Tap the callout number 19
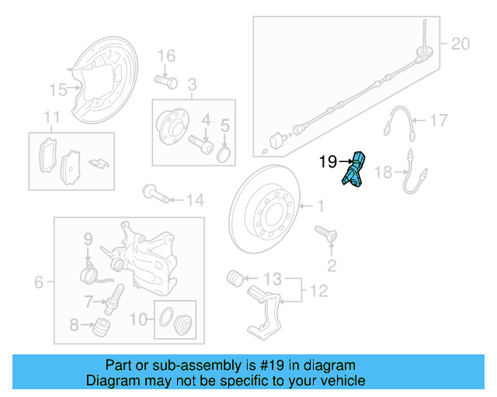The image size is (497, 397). pyautogui.click(x=328, y=162)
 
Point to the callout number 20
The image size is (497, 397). pyautogui.click(x=461, y=44)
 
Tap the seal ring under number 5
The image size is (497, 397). pyautogui.click(x=224, y=154)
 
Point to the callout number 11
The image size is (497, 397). pyautogui.click(x=52, y=118)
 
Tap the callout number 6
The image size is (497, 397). pyautogui.click(x=39, y=283)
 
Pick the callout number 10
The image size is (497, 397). pyautogui.click(x=137, y=317)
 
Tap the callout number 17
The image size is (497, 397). pyautogui.click(x=439, y=120)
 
